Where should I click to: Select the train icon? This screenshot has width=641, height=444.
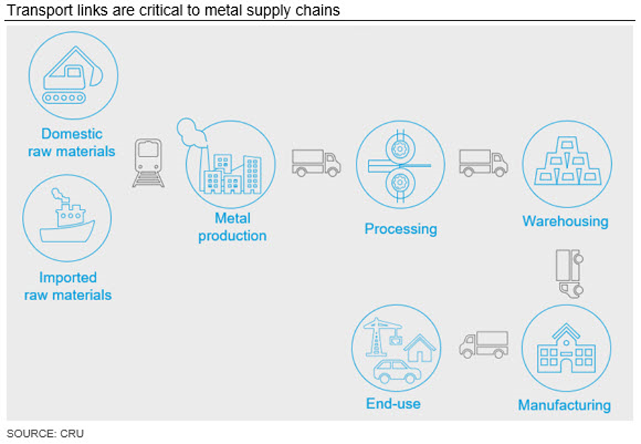(x=149, y=164)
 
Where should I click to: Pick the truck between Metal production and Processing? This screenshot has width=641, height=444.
(x=316, y=163)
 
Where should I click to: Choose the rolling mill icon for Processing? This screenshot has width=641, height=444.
(x=400, y=165)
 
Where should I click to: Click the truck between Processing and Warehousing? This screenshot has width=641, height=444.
(x=483, y=163)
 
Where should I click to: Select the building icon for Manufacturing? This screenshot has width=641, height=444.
(x=566, y=348)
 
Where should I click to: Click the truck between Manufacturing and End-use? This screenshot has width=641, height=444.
(x=484, y=345)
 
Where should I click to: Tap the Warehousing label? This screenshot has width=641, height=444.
(x=565, y=222)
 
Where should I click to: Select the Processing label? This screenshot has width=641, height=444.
(x=400, y=229)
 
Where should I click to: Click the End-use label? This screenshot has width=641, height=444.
(x=393, y=404)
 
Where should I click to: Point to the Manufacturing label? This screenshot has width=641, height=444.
(x=564, y=406)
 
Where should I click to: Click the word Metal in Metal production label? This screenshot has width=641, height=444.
(x=232, y=219)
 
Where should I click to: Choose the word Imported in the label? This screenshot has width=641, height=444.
(x=68, y=278)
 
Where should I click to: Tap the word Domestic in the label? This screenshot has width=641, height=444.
(x=71, y=134)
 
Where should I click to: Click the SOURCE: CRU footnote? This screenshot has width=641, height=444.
(x=45, y=433)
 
